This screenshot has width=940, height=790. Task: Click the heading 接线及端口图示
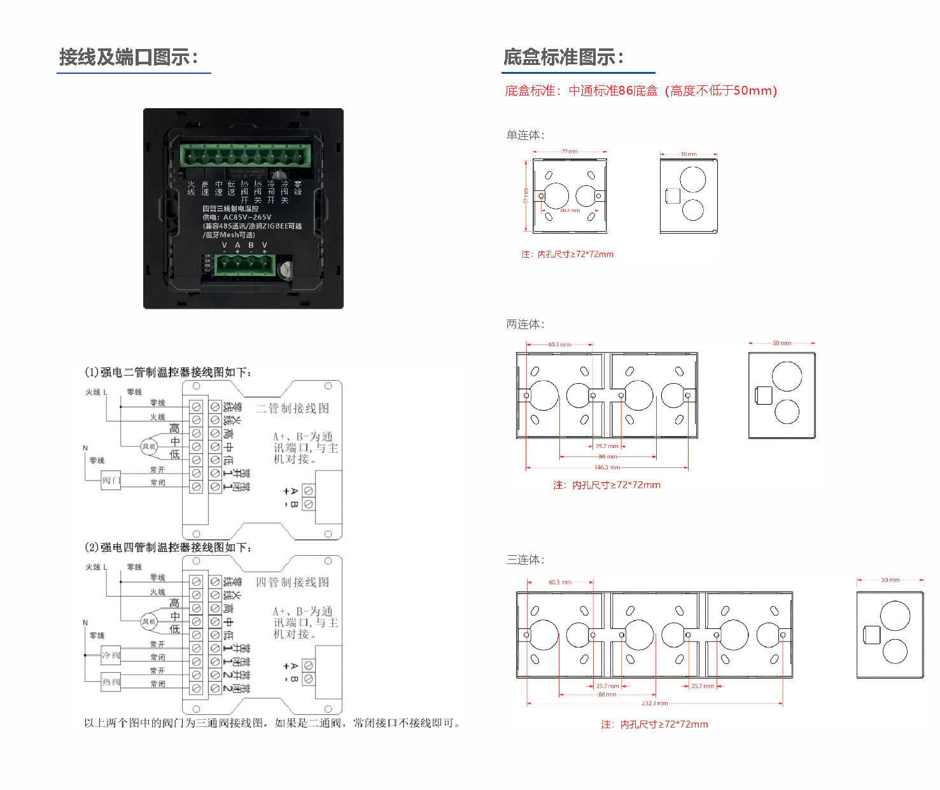click(128, 57)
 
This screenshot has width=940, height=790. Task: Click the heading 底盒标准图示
click(563, 57)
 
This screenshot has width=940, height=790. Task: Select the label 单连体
click(525, 135)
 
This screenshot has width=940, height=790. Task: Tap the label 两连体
click(525, 324)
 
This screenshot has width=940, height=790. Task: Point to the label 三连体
click(525, 560)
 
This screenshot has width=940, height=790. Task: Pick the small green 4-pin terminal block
click(245, 265)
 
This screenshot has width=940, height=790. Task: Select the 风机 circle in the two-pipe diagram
click(149, 447)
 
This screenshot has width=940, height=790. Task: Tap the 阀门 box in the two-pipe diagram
click(111, 480)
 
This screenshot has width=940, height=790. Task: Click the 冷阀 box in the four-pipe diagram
click(111, 655)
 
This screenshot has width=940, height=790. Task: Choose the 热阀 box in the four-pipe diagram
click(111, 682)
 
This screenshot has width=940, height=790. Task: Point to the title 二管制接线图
click(292, 408)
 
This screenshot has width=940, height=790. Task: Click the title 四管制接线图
click(292, 582)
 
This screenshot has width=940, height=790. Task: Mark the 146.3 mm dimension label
click(607, 467)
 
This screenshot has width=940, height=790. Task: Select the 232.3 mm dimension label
click(654, 703)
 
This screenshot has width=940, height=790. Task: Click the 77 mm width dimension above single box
click(570, 152)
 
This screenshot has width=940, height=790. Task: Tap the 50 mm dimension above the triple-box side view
click(890, 580)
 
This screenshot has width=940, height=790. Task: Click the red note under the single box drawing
click(567, 254)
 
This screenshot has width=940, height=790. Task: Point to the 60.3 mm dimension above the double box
click(559, 344)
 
